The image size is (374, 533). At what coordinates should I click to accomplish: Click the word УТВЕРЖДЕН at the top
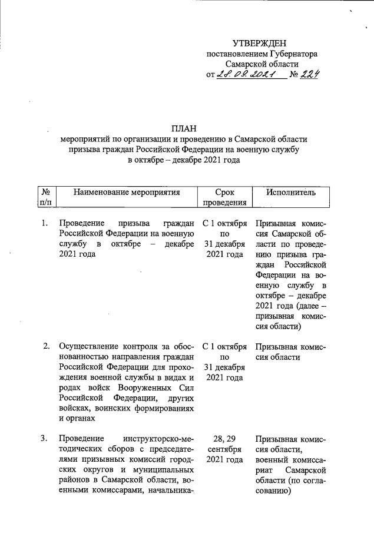tap(260, 44)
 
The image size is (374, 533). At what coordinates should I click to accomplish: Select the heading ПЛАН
tap(184, 128)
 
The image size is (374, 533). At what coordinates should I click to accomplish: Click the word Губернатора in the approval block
tap(293, 54)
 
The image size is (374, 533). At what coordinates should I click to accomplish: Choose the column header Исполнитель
tap(290, 192)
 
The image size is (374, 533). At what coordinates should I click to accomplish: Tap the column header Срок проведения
tap(224, 198)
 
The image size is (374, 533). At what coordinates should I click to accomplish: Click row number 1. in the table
tap(45, 223)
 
